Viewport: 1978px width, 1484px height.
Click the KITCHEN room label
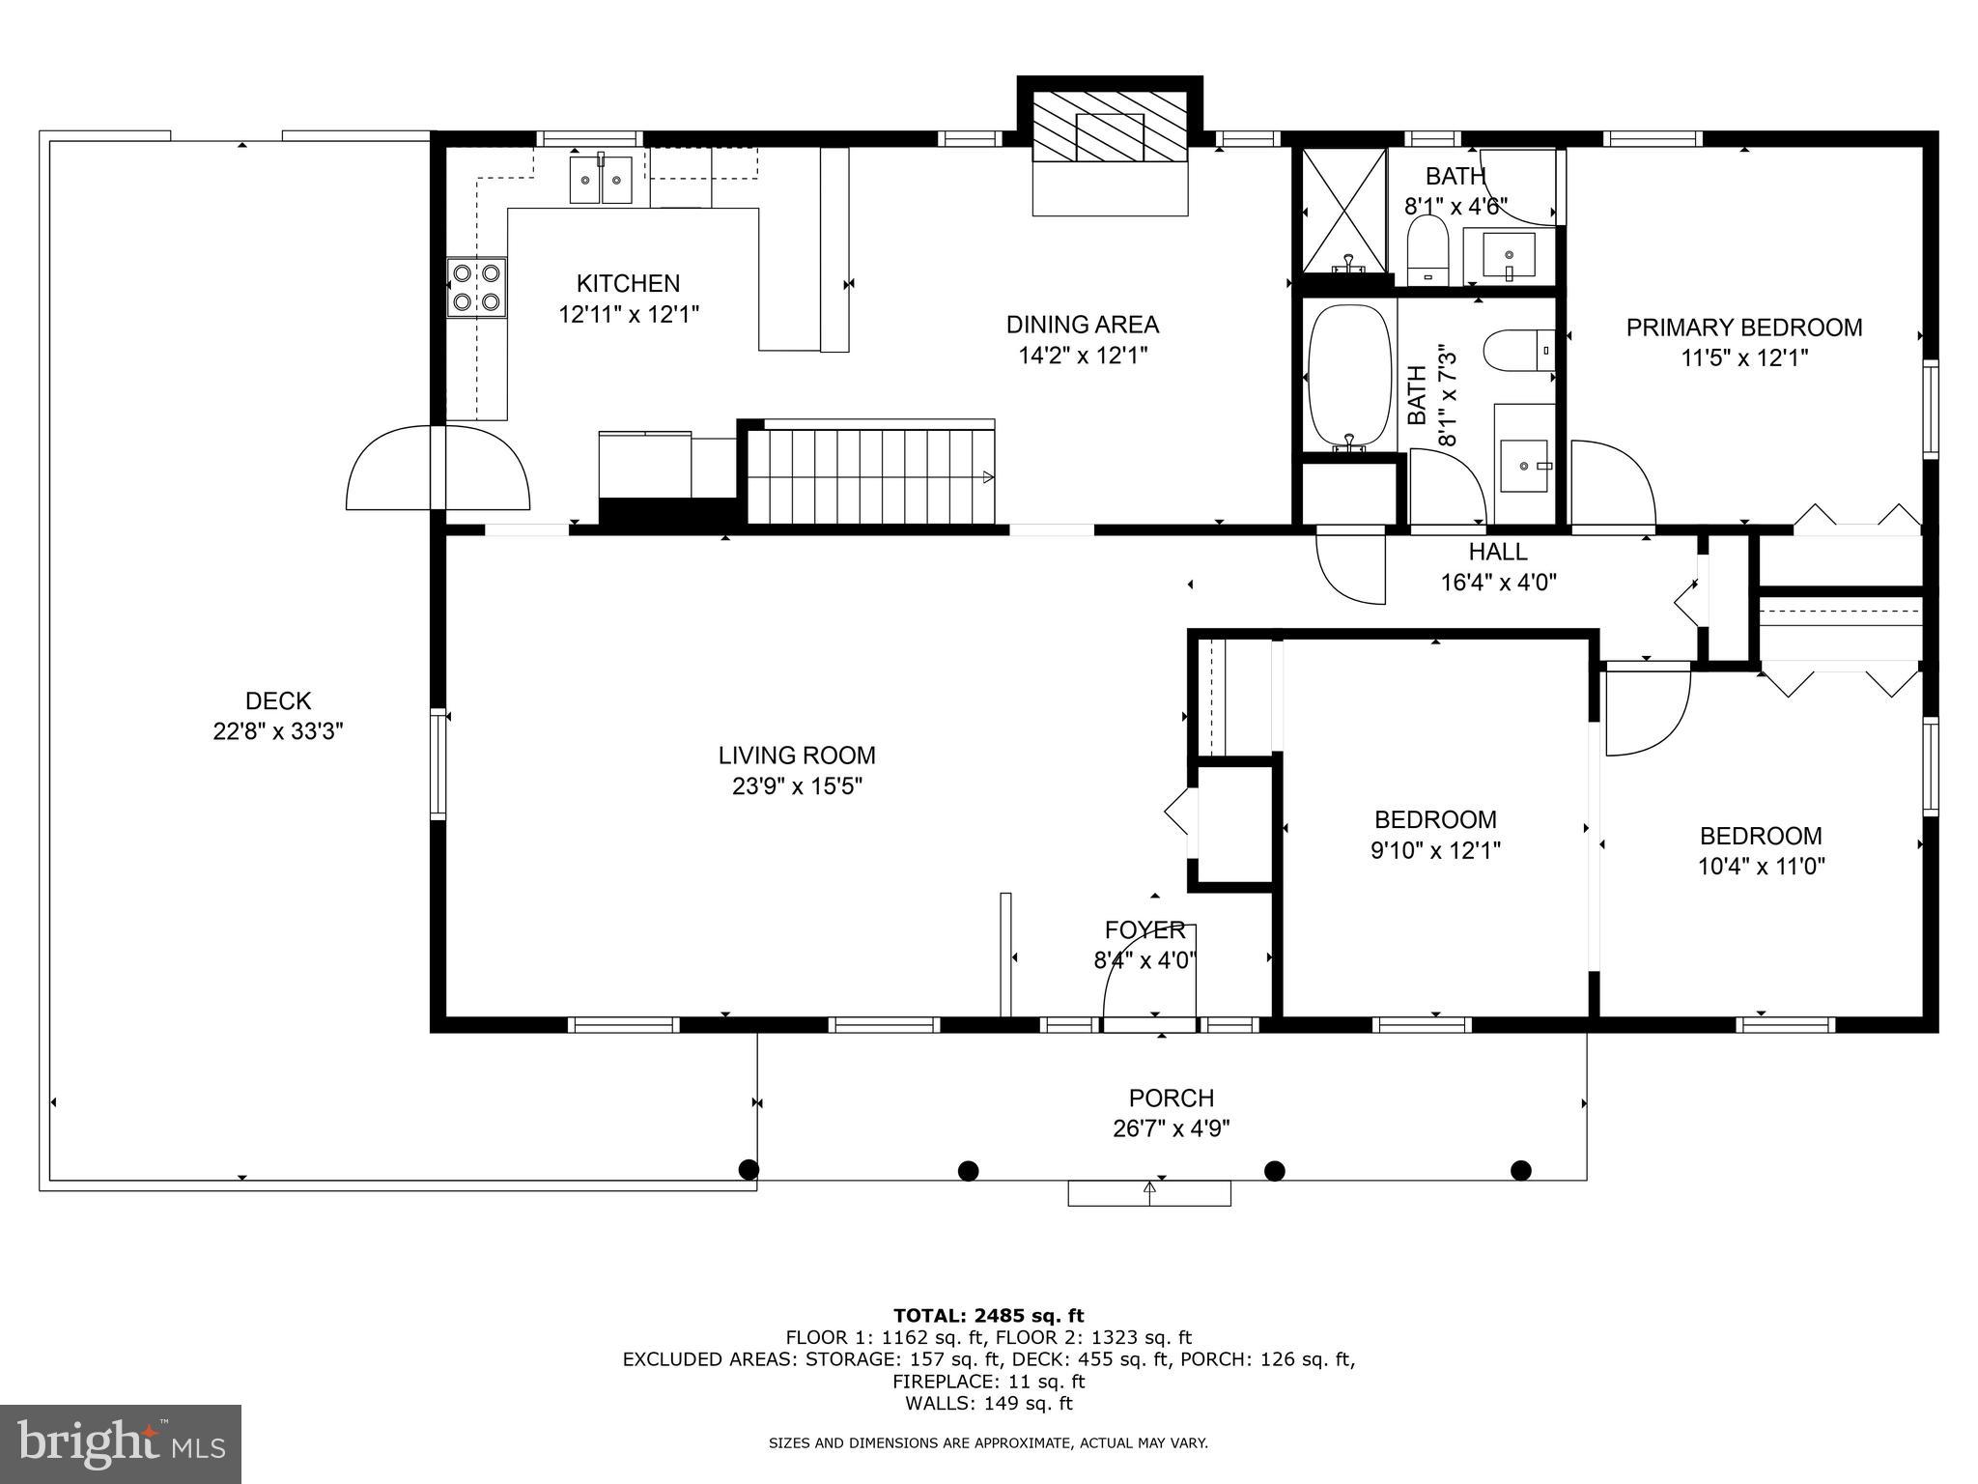[x=628, y=283]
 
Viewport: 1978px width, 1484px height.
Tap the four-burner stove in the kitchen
[x=477, y=287]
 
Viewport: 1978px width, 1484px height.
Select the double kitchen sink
[x=601, y=181]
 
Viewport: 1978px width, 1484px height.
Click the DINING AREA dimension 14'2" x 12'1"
[x=1082, y=356]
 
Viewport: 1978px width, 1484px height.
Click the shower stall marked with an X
[x=1343, y=210]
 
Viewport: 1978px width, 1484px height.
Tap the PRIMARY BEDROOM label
[x=1743, y=328]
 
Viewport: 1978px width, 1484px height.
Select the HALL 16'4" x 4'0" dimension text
[x=1498, y=583]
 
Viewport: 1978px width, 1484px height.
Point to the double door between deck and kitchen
[x=438, y=468]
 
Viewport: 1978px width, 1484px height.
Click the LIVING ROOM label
[x=797, y=755]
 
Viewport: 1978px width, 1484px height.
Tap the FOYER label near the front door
[x=1144, y=930]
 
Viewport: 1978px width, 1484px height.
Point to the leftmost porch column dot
[x=749, y=1170]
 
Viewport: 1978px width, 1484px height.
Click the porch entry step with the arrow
[x=1149, y=1193]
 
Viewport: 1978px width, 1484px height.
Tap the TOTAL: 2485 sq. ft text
[x=988, y=1315]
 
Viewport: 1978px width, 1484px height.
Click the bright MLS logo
[x=121, y=1443]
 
